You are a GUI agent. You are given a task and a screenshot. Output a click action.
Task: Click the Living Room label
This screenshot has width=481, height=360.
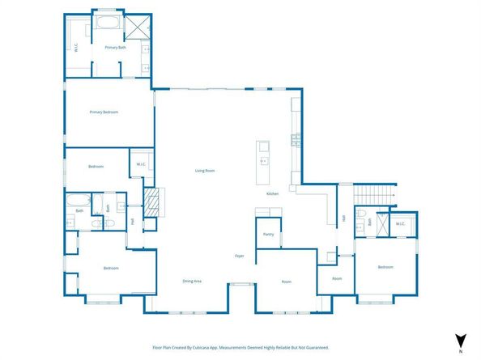(x=204, y=171)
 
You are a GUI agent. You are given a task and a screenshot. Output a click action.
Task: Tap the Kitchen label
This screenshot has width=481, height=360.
(x=273, y=194)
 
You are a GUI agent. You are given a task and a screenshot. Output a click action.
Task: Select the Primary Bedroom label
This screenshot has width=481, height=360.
(x=104, y=112)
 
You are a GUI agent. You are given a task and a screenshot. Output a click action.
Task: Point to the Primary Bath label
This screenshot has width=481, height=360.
(x=115, y=48)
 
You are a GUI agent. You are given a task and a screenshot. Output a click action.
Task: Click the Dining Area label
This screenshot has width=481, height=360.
(x=192, y=281)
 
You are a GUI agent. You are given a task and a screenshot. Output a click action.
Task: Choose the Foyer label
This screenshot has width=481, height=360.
(x=240, y=256)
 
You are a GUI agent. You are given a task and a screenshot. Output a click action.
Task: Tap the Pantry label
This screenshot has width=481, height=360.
(x=269, y=235)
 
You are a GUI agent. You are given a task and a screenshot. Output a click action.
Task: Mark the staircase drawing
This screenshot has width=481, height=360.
(x=373, y=195)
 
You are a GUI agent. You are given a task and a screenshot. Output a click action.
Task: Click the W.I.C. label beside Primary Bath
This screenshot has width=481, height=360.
(x=76, y=48)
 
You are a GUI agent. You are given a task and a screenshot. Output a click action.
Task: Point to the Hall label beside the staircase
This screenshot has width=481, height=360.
(x=343, y=218)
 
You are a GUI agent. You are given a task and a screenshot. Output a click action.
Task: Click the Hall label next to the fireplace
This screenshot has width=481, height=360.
(x=132, y=221)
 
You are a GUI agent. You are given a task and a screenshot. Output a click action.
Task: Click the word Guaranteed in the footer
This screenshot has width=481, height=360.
(x=316, y=347)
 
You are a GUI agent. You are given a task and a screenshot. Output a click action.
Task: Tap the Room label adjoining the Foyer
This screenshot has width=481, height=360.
(x=286, y=282)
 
